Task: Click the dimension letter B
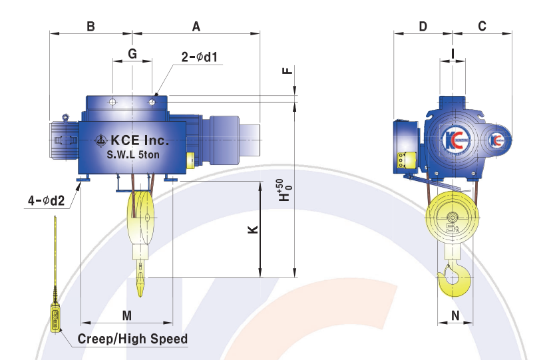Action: pyautogui.click(x=91, y=27)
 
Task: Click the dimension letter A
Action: pyautogui.click(x=196, y=27)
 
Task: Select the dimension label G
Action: pyautogui.click(x=132, y=54)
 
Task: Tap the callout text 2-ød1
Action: pyautogui.click(x=199, y=57)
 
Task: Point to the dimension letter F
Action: pyautogui.click(x=287, y=70)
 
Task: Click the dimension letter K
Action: pyautogui.click(x=253, y=229)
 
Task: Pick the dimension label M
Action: pyautogui.click(x=127, y=315)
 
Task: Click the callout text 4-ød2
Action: pyautogui.click(x=47, y=201)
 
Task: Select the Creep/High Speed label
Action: pyautogui.click(x=132, y=339)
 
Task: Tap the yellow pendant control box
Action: pyautogui.click(x=55, y=318)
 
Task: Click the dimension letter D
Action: pyautogui.click(x=423, y=27)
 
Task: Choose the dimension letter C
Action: pyautogui.click(x=482, y=27)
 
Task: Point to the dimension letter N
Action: pyautogui.click(x=455, y=315)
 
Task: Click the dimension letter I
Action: pyautogui.click(x=453, y=54)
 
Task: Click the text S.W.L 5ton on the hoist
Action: pyautogui.click(x=133, y=154)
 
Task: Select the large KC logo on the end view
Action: pyautogui.click(x=453, y=139)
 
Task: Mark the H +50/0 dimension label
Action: pyautogui.click(x=285, y=190)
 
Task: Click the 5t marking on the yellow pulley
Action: pyautogui.click(x=453, y=227)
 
